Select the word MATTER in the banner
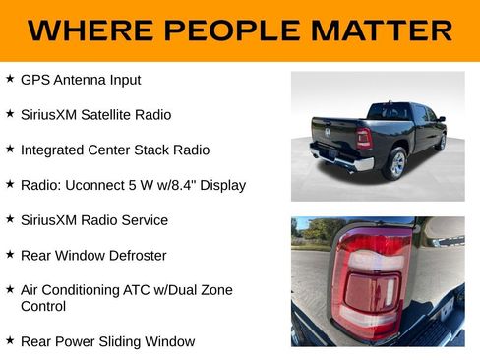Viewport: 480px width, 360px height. (386, 30)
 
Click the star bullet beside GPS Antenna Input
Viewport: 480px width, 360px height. (9, 79)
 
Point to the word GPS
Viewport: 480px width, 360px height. (33, 80)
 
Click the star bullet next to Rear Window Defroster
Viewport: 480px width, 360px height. (9, 255)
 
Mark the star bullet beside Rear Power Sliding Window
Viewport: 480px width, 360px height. (9, 340)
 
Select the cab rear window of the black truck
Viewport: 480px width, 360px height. (390, 110)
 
